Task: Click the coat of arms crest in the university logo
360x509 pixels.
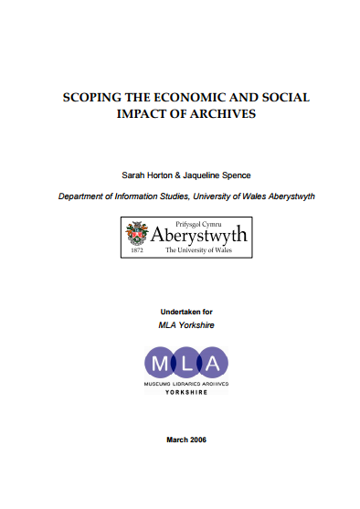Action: tap(139, 232)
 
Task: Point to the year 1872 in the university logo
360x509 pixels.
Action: tap(137, 249)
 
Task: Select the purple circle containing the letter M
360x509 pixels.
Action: tap(158, 363)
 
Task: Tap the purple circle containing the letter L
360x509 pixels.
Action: tap(185, 363)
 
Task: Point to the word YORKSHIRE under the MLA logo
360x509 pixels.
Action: tap(185, 392)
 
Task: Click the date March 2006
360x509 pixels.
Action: tap(185, 440)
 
